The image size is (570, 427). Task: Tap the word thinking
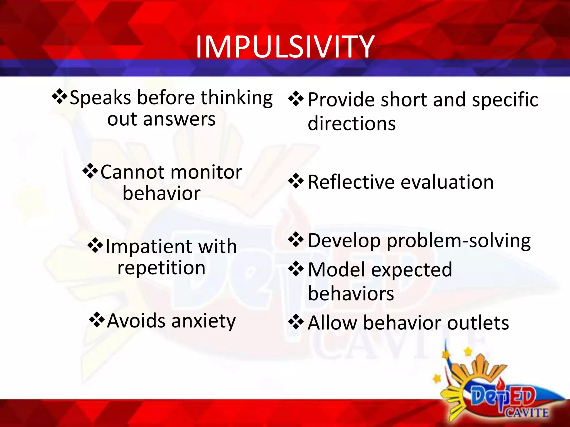[236, 98]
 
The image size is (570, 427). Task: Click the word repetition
[161, 268]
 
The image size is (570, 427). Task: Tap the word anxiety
[203, 321]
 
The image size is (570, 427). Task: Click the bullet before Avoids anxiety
[97, 320]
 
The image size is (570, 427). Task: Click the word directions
[352, 123]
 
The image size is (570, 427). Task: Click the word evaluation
[447, 182]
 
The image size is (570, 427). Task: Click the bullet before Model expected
[296, 269]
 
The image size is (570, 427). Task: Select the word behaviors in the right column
[351, 294]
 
